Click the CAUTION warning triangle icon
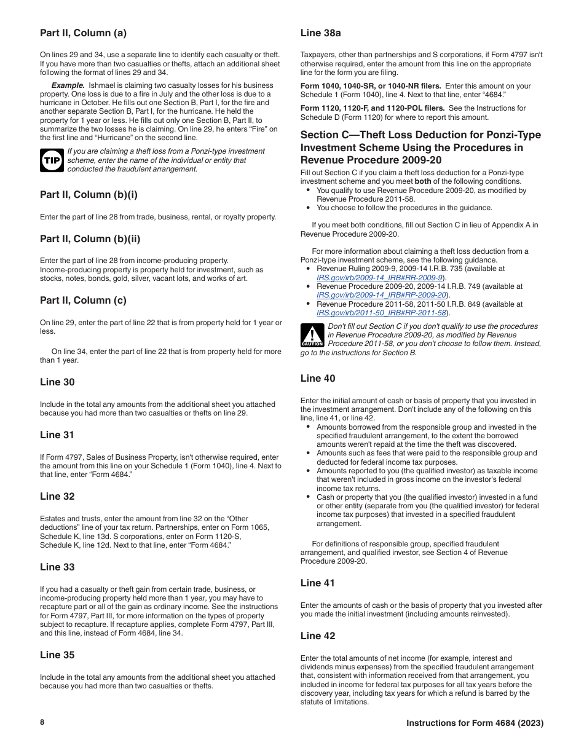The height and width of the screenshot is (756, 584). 312,336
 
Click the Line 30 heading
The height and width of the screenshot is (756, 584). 57,382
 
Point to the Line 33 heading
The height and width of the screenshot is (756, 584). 57,567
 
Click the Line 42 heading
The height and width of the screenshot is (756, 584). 318,636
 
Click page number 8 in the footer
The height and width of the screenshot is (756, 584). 42,722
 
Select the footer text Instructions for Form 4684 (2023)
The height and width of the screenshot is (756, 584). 475,723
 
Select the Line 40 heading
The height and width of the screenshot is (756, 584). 318,379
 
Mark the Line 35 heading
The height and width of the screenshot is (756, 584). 57,655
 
